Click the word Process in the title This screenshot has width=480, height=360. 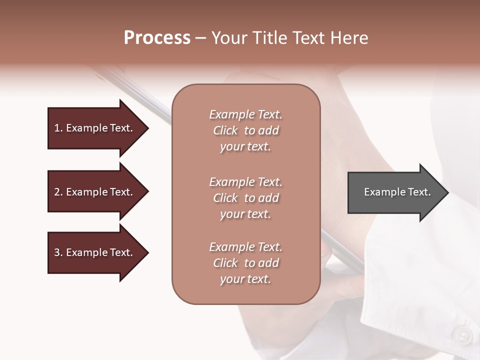click(x=157, y=38)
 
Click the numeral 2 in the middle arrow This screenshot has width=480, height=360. click(x=56, y=192)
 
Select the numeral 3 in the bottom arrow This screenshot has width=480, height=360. click(x=56, y=252)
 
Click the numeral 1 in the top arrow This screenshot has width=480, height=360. click(x=56, y=128)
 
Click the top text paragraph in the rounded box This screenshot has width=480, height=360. click(x=245, y=130)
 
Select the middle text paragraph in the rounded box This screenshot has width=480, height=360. click(x=245, y=198)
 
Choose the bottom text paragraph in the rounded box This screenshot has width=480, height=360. click(x=245, y=263)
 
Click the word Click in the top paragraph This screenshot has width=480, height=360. click(x=225, y=130)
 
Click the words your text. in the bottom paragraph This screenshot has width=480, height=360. click(x=245, y=279)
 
